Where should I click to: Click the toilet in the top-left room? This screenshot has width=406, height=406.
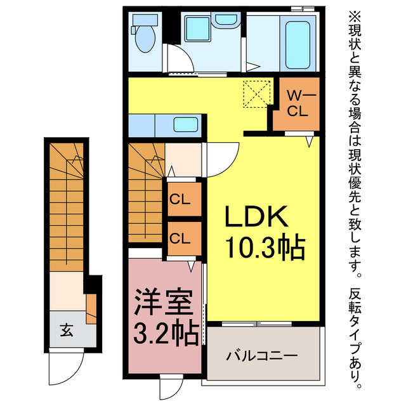coord(145,37)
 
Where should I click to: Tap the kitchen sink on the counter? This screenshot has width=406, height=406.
coord(187,124)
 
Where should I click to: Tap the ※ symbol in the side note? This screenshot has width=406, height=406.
coord(353,14)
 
